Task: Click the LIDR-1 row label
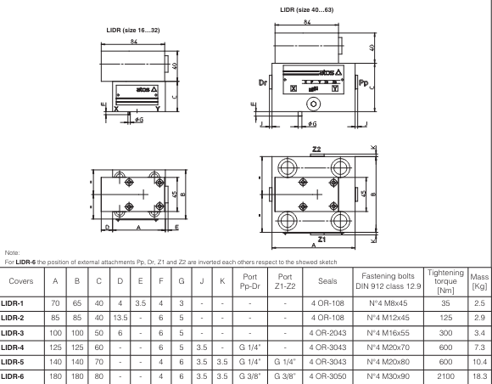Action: click(15, 300)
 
